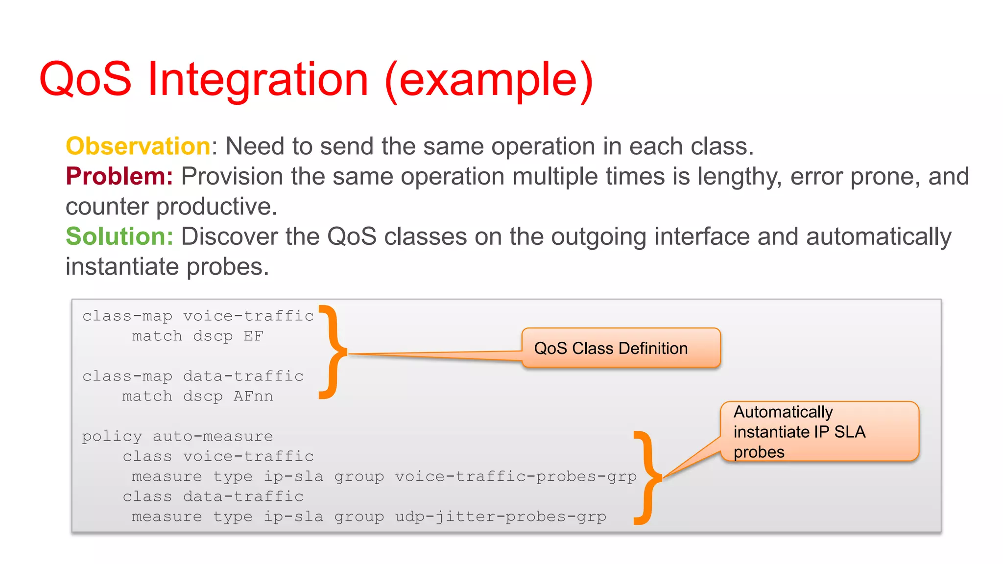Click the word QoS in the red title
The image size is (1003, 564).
[86, 79]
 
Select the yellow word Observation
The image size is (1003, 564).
[138, 146]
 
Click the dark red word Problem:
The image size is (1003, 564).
[119, 176]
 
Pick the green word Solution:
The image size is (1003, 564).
[119, 236]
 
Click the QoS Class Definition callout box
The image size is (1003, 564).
[621, 348]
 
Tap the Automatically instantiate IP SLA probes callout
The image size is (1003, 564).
[819, 431]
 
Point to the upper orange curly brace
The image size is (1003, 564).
[333, 352]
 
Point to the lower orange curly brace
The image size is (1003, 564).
[647, 478]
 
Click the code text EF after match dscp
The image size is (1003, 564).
[253, 336]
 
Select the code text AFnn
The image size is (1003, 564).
[253, 396]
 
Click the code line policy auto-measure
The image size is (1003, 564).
[177, 436]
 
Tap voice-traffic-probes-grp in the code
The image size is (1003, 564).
[516, 476]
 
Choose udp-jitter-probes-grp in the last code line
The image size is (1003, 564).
[501, 517]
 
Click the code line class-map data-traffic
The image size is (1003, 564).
[193, 376]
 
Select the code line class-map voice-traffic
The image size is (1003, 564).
[198, 316]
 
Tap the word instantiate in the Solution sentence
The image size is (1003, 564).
[122, 267]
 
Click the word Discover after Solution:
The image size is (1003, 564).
[230, 237]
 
